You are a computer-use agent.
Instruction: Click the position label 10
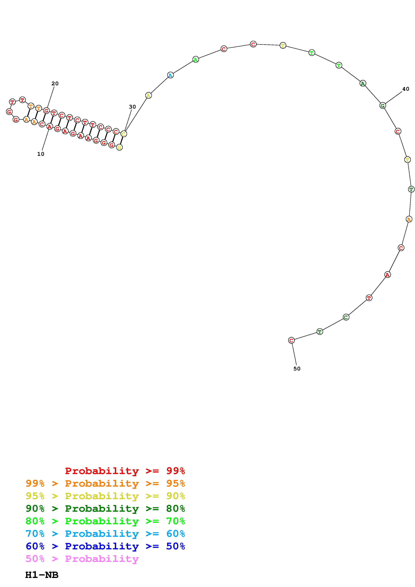(x=41, y=154)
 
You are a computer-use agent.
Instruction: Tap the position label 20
(x=55, y=83)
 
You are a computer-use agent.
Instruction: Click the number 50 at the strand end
(x=297, y=368)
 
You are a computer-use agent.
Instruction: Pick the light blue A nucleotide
(x=170, y=75)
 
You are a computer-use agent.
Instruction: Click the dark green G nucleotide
(x=383, y=105)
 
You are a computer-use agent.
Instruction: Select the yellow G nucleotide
(x=119, y=147)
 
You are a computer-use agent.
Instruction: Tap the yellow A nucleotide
(x=148, y=96)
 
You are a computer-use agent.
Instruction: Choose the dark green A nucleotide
(x=363, y=83)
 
